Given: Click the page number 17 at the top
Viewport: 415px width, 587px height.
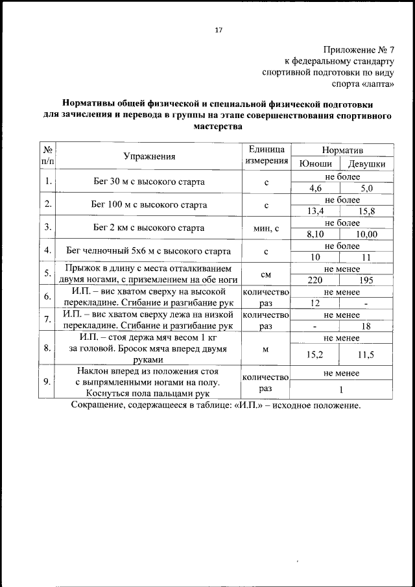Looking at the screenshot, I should pos(218,30).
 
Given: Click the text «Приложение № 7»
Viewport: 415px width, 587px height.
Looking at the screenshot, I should pos(358,50).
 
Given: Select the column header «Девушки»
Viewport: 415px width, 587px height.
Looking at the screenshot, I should pos(367,163).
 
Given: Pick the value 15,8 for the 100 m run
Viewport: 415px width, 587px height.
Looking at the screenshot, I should pos(367,211).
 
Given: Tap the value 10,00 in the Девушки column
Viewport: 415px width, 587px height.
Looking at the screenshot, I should pos(367,234).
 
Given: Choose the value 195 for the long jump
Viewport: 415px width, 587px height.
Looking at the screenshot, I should pos(367,280).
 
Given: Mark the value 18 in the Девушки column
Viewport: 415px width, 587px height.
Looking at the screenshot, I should pos(367,326).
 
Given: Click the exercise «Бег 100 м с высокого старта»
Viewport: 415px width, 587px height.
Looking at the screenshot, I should pos(149,204).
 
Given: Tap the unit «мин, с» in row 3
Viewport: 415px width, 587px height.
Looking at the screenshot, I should pos(266,228).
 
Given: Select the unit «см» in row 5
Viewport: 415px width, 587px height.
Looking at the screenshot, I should pos(266,273).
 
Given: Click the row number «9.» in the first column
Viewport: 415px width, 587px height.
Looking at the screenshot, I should pos(47,381).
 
